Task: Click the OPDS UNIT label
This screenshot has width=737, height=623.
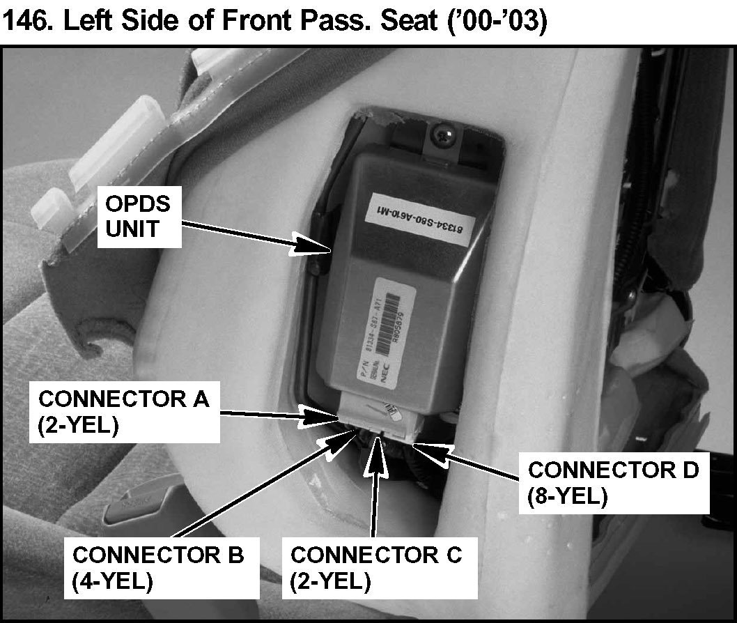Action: [140, 217]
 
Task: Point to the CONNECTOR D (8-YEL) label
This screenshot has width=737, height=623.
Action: [613, 484]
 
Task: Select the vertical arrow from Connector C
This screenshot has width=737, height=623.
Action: [377, 488]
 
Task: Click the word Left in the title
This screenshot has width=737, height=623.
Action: [90, 22]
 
